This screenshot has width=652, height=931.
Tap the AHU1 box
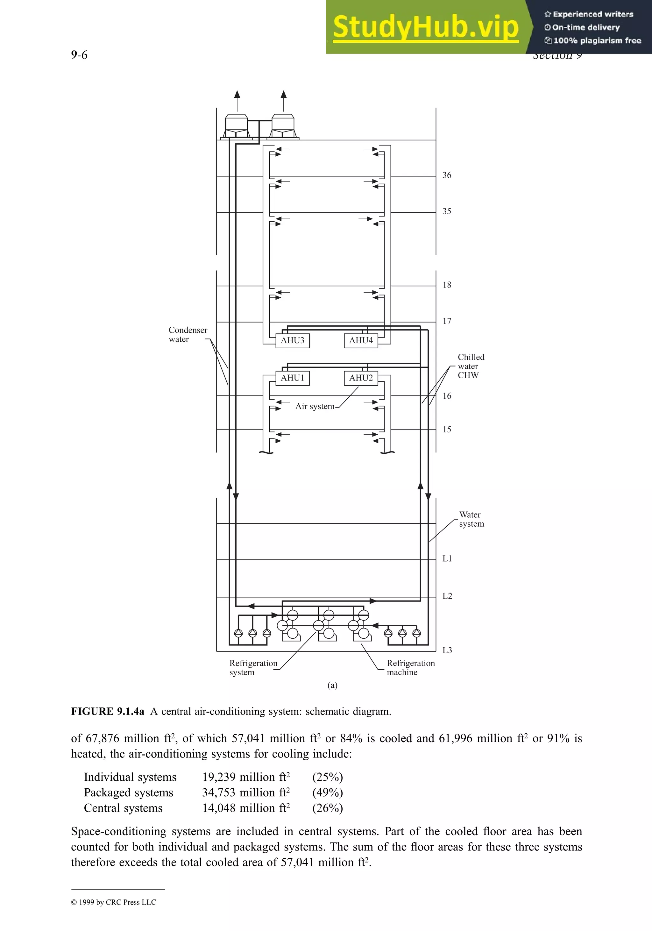click(292, 378)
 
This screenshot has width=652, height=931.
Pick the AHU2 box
click(361, 378)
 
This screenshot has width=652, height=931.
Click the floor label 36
click(446, 175)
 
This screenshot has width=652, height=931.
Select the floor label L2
click(447, 596)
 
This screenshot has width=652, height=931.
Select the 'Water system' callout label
click(471, 519)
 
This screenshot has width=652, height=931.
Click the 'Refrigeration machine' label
click(410, 668)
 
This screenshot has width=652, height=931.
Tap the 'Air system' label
click(315, 406)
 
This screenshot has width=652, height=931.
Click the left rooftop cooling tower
click(237, 126)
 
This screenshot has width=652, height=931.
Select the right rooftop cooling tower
click(283, 126)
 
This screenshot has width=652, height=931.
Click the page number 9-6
click(79, 55)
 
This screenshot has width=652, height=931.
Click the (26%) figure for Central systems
click(327, 808)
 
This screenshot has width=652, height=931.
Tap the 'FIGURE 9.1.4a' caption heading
click(108, 712)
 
